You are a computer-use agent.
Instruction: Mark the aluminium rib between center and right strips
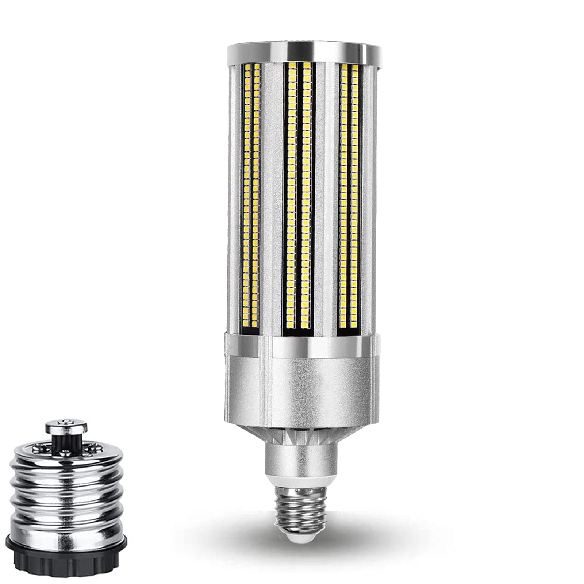coord(323,197)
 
